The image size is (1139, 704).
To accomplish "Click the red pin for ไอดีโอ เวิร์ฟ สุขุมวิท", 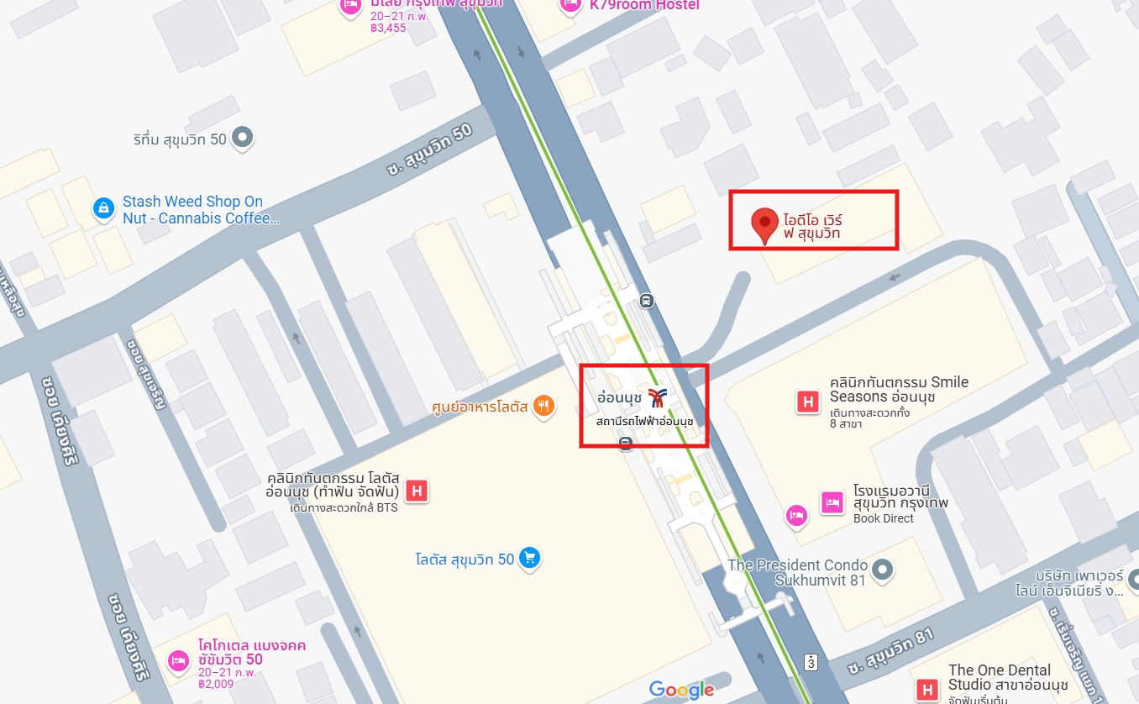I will [x=764, y=224].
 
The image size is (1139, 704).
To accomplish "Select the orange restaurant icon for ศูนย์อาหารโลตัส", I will [x=543, y=407].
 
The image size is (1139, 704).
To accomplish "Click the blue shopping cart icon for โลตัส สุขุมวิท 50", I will [x=528, y=558].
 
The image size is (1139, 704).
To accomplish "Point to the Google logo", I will [x=681, y=690].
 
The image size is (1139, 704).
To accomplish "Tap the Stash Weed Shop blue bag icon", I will [x=103, y=208].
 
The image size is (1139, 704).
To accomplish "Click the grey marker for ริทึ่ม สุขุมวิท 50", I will [x=243, y=137].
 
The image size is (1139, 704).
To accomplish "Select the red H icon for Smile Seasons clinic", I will [x=808, y=402].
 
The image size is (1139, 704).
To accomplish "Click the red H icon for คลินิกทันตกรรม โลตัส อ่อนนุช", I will [x=416, y=491].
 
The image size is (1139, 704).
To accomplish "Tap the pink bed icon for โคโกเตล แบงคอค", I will [x=178, y=661].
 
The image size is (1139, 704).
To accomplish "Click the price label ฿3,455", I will [x=388, y=28].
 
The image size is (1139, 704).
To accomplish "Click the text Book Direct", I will [x=884, y=518].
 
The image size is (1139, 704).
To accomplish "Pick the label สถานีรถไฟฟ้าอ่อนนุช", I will [x=644, y=420].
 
